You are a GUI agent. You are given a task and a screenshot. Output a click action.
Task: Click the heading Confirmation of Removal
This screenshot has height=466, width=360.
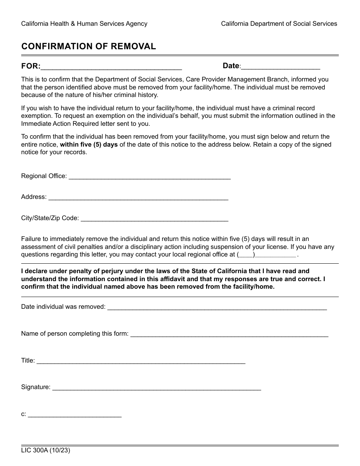88,46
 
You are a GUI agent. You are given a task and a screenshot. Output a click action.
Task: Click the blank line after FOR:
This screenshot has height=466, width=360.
111,67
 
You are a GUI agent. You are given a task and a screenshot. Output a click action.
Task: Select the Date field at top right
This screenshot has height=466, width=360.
280,67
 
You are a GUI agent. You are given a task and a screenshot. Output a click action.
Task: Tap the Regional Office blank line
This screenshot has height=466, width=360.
150,177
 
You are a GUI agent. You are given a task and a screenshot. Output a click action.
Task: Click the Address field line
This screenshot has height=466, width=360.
138,197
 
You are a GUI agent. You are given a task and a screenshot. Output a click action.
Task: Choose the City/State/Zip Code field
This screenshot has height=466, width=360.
155,219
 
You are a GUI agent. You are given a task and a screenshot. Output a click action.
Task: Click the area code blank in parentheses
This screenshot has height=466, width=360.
246,255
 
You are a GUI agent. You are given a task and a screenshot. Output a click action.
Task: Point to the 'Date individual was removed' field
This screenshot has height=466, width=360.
217,307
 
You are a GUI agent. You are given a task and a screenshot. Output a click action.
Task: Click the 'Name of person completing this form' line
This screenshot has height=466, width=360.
229,334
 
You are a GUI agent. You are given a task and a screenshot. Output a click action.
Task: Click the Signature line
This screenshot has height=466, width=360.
156,388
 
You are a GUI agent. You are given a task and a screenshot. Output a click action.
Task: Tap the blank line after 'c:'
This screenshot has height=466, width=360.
75,414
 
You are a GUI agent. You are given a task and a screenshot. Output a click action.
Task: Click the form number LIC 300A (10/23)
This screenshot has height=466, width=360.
45,451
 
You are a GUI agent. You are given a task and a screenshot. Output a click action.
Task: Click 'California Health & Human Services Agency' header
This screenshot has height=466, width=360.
84,23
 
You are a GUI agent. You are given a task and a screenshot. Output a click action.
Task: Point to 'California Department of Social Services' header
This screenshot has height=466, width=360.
279,23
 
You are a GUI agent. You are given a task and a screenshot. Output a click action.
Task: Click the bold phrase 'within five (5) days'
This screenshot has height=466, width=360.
89,144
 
